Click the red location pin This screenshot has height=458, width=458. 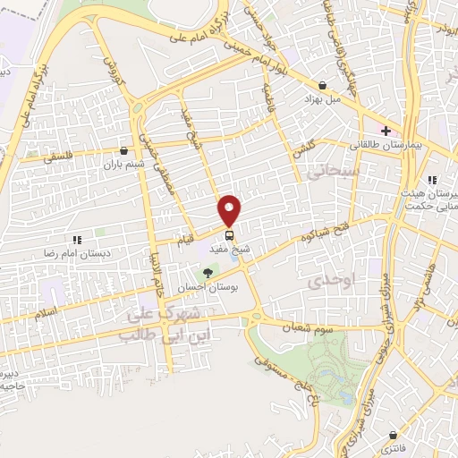(x=230, y=210)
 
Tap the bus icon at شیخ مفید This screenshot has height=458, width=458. (x=230, y=235)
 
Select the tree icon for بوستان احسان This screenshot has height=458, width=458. (x=208, y=273)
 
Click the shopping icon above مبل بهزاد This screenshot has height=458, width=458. (x=321, y=85)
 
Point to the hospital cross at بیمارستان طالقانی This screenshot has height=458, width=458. (x=386, y=131)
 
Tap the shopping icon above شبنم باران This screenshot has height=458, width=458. (x=123, y=150)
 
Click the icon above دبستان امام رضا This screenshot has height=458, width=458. (x=77, y=240)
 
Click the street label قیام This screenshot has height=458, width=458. (x=182, y=239)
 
